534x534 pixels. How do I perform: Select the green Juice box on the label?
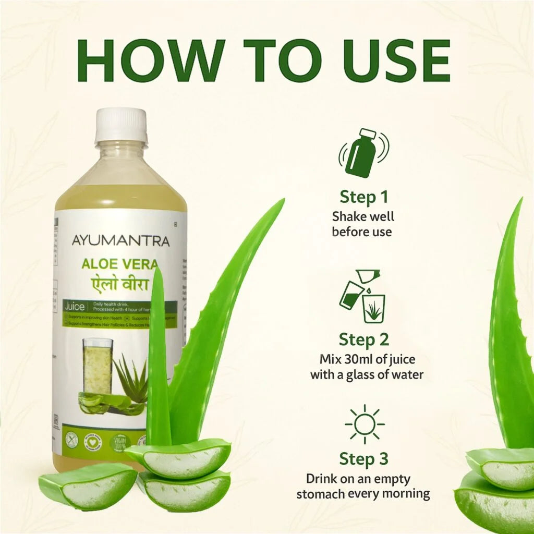75,307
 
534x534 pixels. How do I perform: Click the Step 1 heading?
364,197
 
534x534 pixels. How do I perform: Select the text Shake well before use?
363,224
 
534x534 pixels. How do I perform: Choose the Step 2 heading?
364,339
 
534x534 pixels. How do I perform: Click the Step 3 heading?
364,459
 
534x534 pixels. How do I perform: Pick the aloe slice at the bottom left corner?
88,486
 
